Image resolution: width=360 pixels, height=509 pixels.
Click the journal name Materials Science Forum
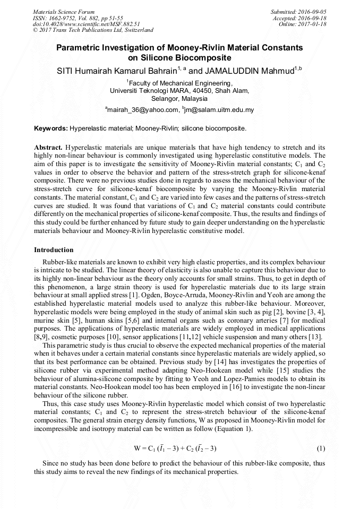(x=64, y=11)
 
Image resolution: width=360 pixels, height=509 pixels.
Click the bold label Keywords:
(x=51, y=128)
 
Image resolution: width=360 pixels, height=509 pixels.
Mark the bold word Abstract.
(x=48, y=146)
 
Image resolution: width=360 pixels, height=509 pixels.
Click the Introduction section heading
(x=54, y=249)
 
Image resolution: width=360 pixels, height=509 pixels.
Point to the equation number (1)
(x=321, y=448)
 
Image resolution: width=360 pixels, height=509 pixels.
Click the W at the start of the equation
(x=138, y=448)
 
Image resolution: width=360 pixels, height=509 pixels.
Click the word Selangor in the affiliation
(x=165, y=99)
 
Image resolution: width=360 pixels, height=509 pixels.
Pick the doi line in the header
(x=86, y=24)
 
